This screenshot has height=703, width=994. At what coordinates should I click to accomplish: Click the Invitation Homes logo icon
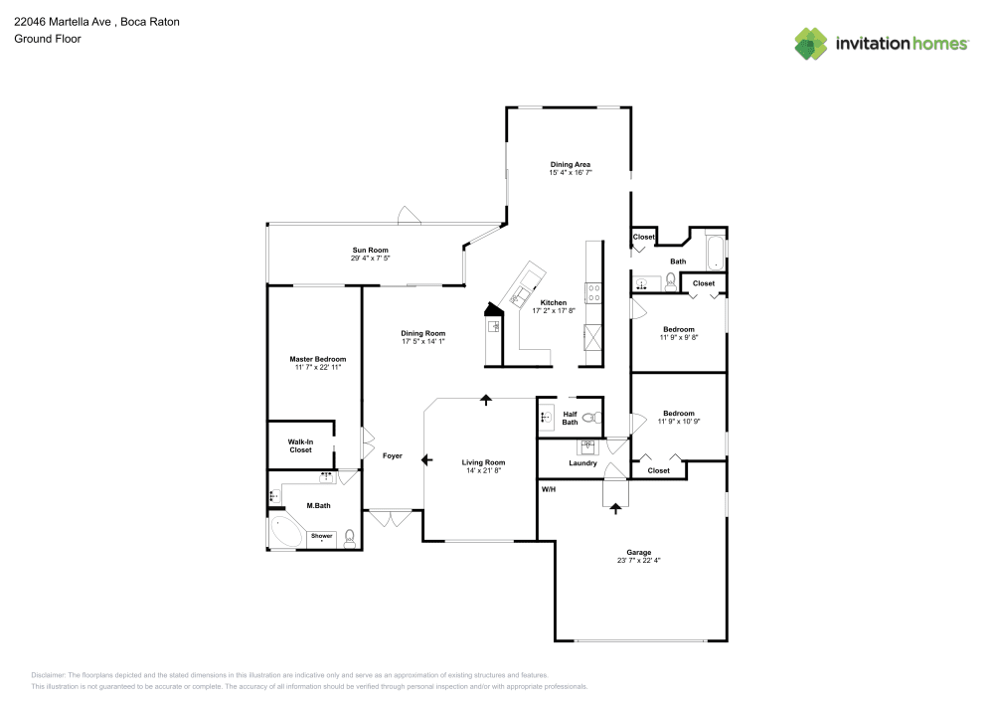click(x=811, y=43)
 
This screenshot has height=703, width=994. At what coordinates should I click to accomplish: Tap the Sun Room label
click(x=370, y=250)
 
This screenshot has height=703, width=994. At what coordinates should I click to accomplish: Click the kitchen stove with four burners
click(x=593, y=292)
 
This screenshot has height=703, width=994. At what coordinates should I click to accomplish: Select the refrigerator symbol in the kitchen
click(x=593, y=339)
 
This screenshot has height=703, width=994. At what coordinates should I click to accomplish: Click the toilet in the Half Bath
click(x=588, y=418)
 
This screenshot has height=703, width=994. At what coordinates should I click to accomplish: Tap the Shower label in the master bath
click(x=322, y=536)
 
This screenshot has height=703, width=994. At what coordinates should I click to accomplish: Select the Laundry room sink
click(x=587, y=446)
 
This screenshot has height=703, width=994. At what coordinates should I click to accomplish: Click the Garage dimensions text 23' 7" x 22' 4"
click(x=638, y=561)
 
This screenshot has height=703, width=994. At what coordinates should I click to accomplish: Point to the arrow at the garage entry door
click(x=615, y=507)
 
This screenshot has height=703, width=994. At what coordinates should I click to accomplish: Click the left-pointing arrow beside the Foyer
click(x=426, y=460)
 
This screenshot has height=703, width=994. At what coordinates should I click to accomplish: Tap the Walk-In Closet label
click(x=300, y=445)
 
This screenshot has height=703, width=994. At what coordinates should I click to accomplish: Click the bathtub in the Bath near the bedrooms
click(x=714, y=251)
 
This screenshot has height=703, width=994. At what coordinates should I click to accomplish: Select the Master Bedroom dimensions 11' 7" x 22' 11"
click(x=317, y=368)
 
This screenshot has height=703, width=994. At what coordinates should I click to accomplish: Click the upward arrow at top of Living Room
click(x=486, y=400)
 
